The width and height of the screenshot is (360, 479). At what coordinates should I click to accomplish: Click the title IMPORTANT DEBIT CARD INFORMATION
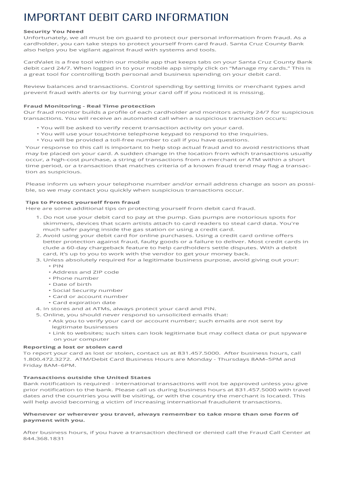pos(126,18)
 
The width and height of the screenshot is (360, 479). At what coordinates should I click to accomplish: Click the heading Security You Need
pos(54,32)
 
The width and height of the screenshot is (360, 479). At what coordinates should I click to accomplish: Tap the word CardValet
pos(37,62)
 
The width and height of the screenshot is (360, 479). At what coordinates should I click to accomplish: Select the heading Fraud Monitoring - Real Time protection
pos(89,106)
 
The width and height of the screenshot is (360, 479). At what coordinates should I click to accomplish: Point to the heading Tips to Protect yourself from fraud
pos(82,203)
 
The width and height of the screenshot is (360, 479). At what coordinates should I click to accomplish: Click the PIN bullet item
pos(58,266)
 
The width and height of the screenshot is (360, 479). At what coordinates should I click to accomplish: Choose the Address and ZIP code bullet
pos(86,272)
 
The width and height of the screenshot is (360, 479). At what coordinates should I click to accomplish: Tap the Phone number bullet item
pos(76,278)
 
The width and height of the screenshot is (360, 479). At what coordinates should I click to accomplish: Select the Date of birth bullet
pos(72,284)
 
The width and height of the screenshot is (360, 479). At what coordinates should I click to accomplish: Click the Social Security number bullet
pos(88,290)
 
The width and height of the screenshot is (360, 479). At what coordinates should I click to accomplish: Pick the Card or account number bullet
pos(90,296)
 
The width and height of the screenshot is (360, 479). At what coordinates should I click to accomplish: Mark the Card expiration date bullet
pos(84,302)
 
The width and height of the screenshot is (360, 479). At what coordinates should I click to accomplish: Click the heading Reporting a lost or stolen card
pos(73,347)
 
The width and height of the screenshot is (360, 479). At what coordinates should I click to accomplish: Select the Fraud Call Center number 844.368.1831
pos(43,439)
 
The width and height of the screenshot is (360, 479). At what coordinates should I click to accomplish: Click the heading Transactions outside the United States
pos(87,377)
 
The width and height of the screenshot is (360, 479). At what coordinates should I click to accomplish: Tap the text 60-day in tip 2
pos(72,247)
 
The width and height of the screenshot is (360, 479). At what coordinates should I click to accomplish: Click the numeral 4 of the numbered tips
pos(38,309)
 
